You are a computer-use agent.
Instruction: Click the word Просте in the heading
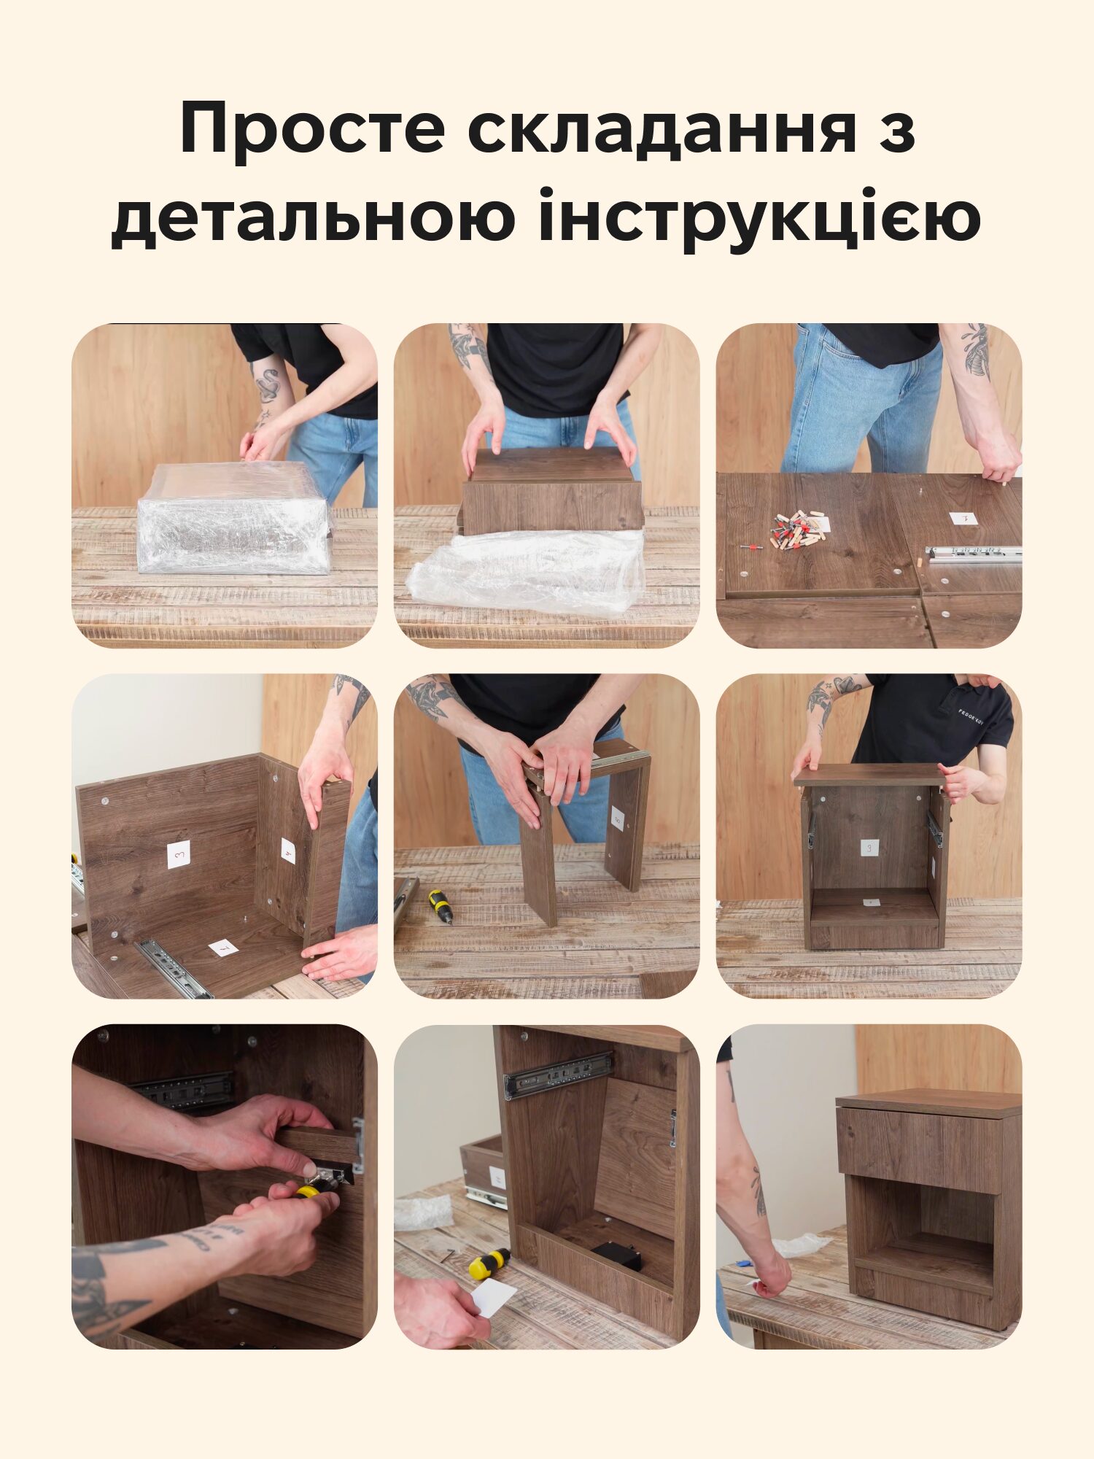312,129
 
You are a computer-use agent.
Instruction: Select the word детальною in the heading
313,217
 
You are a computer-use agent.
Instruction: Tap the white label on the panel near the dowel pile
963,519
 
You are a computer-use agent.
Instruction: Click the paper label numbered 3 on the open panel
179,854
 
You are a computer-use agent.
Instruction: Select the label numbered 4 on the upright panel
288,851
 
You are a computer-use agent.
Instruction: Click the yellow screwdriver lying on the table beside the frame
440,906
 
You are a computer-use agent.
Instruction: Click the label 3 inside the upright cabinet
869,848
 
